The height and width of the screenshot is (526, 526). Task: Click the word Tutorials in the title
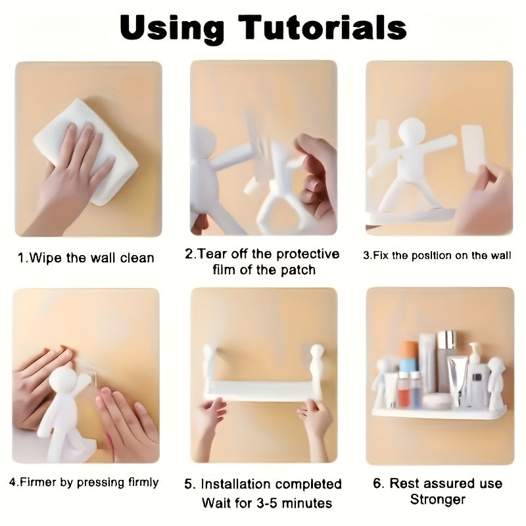322,28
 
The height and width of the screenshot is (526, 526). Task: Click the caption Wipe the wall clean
86,258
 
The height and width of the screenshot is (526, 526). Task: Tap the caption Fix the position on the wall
437,256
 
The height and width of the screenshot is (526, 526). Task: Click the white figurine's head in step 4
64,380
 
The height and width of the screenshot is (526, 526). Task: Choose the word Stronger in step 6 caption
437,500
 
